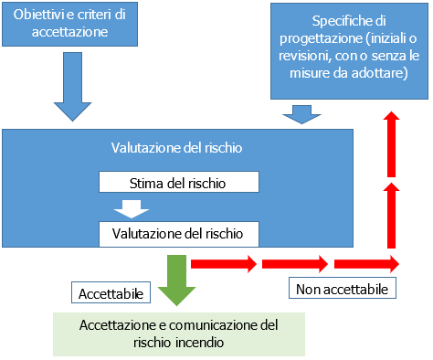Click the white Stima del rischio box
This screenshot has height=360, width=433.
tap(179, 182)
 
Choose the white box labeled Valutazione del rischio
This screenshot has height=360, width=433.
tap(179, 234)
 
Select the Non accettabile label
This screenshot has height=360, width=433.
tap(343, 289)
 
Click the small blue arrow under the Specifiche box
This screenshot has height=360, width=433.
tap(298, 115)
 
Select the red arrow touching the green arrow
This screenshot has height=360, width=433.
tap(222, 264)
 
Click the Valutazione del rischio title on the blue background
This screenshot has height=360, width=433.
tap(176, 146)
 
